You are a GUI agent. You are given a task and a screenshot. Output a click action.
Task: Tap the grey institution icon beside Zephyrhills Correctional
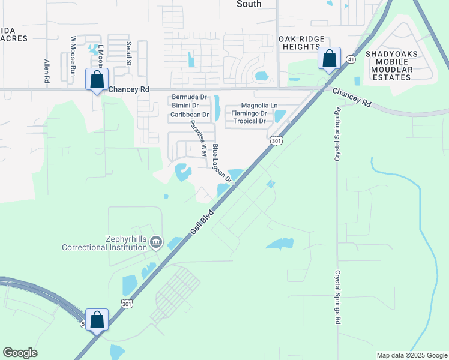pos(156,242)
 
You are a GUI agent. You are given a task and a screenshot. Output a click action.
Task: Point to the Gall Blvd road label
pos(203,226)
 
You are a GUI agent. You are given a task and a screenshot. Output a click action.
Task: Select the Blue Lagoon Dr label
pos(221,164)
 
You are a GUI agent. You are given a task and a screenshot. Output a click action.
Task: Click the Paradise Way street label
pos(199,138)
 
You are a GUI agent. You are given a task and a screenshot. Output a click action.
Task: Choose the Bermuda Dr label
pos(189,97)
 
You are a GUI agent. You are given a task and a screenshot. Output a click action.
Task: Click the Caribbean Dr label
pos(189,114)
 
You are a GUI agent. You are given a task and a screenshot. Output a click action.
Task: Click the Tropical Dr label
pos(249,121)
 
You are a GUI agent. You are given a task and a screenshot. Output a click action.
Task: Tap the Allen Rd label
pos(47,70)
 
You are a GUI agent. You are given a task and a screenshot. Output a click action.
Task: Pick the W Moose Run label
pos(73,55)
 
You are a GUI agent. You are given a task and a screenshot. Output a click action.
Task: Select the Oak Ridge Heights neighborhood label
pos(298,43)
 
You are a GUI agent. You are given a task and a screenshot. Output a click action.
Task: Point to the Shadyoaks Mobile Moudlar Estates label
pos(390,65)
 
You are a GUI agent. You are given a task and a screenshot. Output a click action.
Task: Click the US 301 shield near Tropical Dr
pos(276,140)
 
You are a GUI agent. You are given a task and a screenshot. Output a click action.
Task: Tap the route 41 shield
pos(350,59)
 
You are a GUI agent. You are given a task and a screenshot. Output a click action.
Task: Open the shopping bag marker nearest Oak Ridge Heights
pos(329,59)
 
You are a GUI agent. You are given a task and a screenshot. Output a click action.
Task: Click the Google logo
pos(20,353)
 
